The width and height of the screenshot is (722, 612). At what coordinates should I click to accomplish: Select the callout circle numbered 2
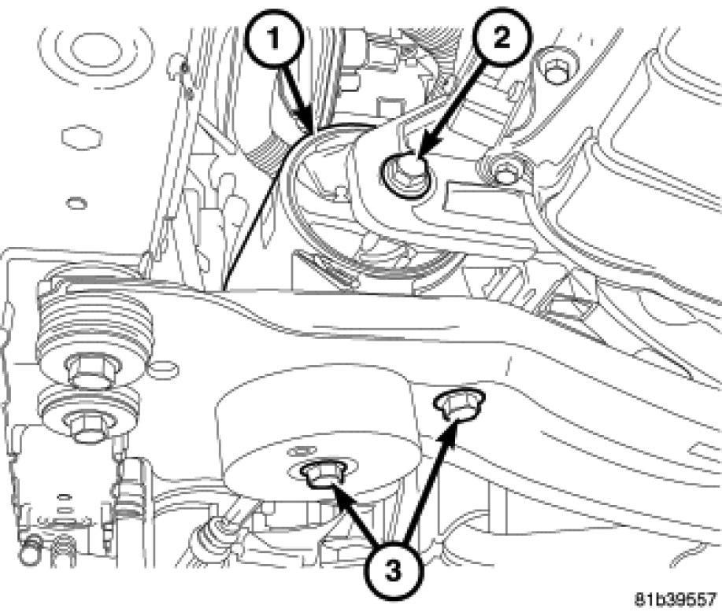tap(502, 36)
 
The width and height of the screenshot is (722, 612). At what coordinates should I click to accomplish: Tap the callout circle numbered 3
tap(392, 572)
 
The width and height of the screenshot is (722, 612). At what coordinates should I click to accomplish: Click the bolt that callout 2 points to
tap(407, 175)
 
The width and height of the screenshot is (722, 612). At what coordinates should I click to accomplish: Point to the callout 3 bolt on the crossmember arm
tap(458, 403)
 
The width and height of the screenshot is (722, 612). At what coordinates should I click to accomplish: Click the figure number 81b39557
tap(676, 599)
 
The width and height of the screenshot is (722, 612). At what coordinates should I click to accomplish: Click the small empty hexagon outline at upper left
tap(82, 137)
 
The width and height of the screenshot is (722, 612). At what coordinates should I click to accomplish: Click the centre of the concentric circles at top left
tap(96, 49)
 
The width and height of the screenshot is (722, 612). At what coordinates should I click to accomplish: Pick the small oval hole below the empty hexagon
tap(77, 203)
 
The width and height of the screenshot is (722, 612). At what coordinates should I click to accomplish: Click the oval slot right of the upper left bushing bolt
tap(164, 369)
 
